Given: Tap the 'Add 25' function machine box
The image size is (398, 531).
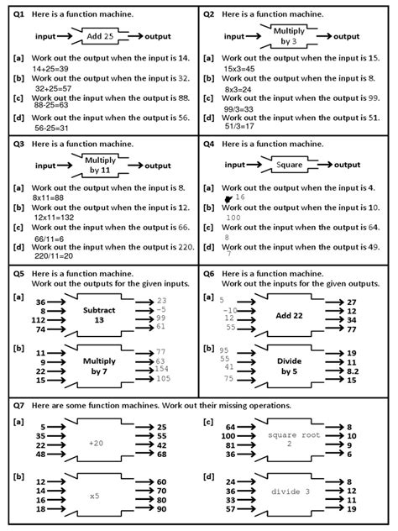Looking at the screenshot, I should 105,38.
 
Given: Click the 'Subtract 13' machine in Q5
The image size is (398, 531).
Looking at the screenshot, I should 100,314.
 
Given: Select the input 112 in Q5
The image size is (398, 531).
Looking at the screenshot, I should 37,320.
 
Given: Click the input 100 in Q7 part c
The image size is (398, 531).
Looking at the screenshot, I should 228,437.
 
